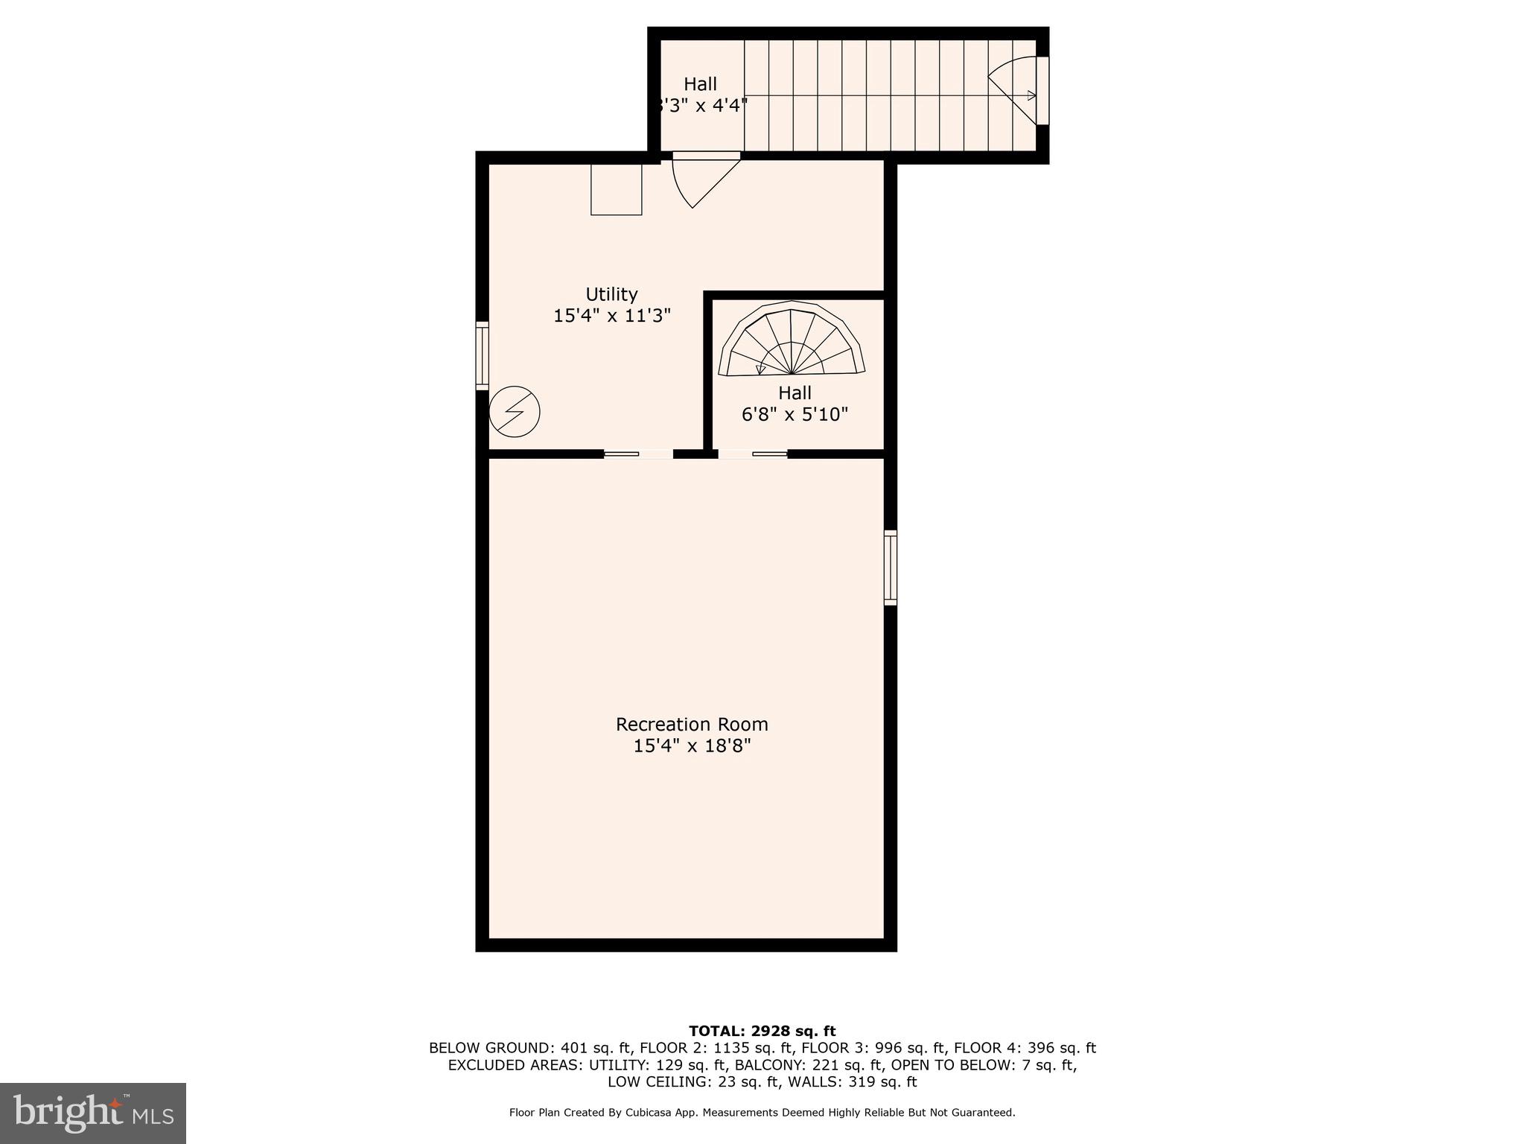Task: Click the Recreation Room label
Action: point(692,724)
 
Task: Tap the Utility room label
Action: point(611,294)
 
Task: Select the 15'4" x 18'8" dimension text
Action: point(692,746)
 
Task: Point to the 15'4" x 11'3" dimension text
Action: point(612,316)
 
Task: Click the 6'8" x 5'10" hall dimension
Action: point(795,414)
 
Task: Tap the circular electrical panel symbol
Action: point(515,411)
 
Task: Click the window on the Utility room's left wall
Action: point(483,355)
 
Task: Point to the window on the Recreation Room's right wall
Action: point(891,567)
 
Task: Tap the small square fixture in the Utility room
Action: point(617,189)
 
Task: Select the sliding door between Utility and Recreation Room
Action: point(638,454)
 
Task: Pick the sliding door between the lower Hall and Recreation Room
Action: point(753,454)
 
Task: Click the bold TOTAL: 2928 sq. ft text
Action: point(762,1032)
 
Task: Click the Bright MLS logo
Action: point(93,1113)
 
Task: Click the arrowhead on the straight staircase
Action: point(1031,95)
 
